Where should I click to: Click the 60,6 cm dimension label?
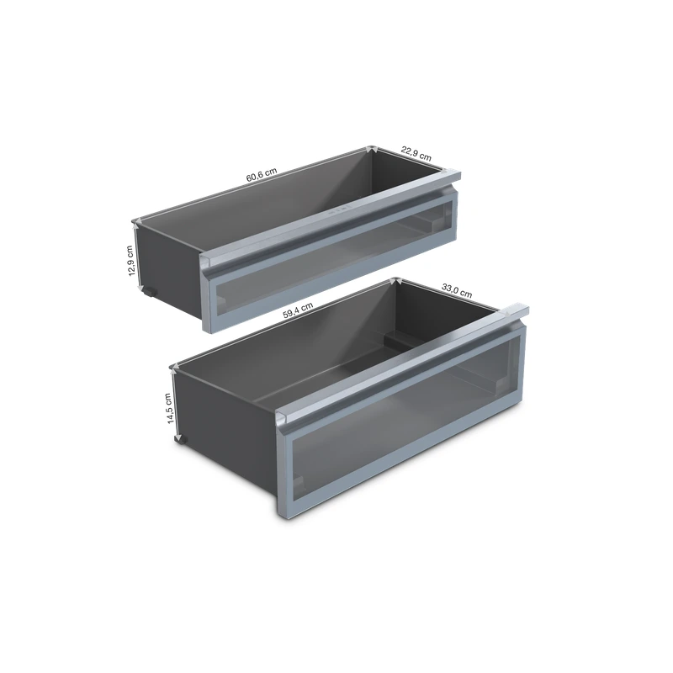click(x=262, y=175)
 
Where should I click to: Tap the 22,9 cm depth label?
click(x=416, y=153)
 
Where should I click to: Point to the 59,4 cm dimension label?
click(x=298, y=310)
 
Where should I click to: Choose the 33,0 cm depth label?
click(x=457, y=290)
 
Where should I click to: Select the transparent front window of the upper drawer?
click(x=332, y=256)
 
